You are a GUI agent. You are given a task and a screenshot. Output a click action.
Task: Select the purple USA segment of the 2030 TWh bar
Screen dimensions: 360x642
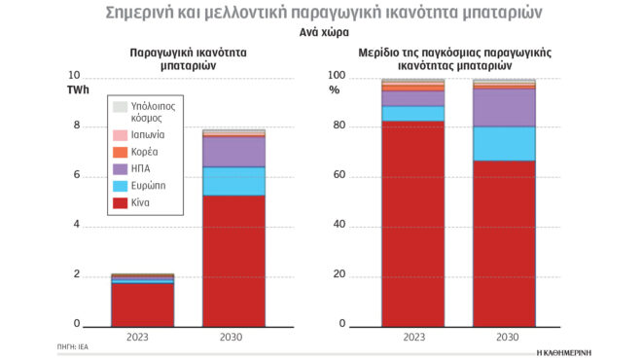232,152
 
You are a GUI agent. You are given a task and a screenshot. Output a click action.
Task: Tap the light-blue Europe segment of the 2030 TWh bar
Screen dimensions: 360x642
232,181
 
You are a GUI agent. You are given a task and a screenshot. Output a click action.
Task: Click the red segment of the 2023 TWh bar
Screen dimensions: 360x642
142,303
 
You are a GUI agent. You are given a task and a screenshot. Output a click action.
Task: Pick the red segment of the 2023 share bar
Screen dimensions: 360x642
412,223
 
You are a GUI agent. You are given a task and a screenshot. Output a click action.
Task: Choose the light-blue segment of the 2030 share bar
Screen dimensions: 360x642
504,143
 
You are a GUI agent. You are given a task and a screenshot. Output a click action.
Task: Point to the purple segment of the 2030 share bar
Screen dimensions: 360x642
504,108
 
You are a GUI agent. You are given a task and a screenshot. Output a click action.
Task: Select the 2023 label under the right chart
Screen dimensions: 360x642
412,337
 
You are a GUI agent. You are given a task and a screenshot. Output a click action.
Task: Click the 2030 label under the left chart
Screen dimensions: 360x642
232,337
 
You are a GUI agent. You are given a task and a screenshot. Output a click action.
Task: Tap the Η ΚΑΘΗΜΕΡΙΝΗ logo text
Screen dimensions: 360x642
563,347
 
